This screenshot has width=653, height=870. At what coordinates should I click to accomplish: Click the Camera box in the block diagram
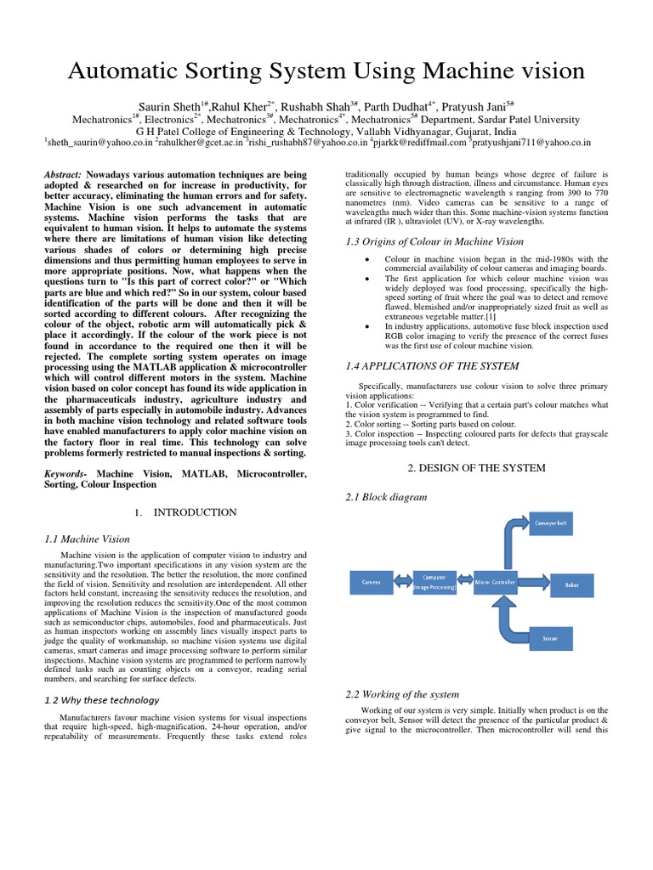[x=372, y=582]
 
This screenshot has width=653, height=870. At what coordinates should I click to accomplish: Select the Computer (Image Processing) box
[x=434, y=582]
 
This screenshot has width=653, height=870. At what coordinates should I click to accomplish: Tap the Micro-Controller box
[x=494, y=582]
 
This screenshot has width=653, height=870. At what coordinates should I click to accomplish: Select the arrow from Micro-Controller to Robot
[x=532, y=582]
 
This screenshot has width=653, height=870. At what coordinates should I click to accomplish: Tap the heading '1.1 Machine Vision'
[x=87, y=539]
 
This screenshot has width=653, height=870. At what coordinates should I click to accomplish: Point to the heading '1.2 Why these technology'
[x=101, y=700]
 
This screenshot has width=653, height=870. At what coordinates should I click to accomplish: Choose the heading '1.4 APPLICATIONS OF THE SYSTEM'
[x=431, y=366]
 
